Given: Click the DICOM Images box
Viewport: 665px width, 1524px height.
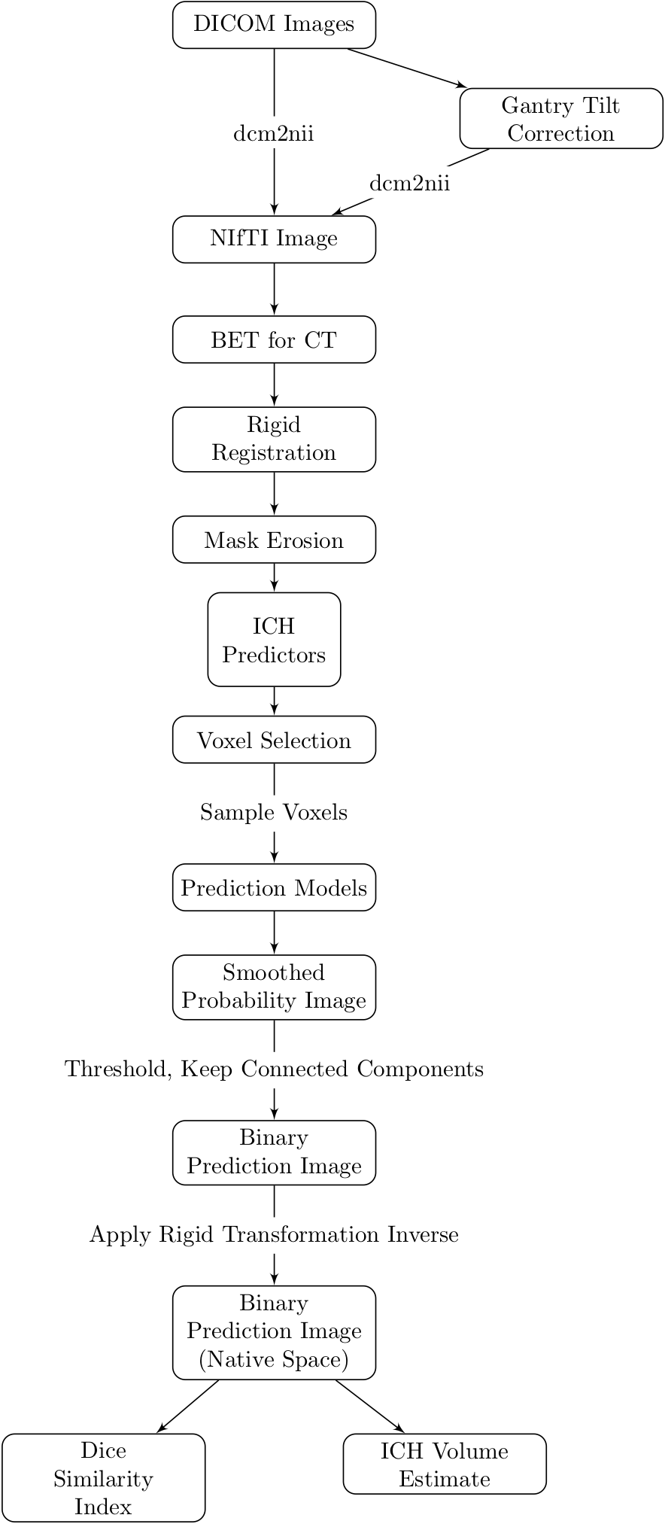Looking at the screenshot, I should pyautogui.click(x=274, y=25).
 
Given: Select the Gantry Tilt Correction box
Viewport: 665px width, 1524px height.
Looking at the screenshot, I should pyautogui.click(x=560, y=119).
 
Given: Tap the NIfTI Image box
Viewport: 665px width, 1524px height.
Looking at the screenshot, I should pyautogui.click(x=274, y=239).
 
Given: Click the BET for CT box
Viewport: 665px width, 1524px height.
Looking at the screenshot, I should pyautogui.click(x=274, y=340).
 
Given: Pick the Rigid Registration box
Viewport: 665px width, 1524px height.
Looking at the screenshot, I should pyautogui.click(x=274, y=440).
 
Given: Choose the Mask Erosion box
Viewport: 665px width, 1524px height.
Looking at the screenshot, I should pyautogui.click(x=274, y=540).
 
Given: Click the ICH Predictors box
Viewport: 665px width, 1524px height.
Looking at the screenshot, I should pyautogui.click(x=274, y=640).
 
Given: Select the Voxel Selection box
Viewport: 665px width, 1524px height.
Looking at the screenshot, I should pyautogui.click(x=274, y=741).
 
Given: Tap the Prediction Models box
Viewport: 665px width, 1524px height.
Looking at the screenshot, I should pyautogui.click(x=274, y=888).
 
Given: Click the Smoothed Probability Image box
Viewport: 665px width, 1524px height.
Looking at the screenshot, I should pyautogui.click(x=274, y=987).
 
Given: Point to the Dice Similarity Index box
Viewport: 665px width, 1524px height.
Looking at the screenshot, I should pyautogui.click(x=103, y=1478).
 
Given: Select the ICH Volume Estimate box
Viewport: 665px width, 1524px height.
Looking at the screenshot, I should pyautogui.click(x=445, y=1465).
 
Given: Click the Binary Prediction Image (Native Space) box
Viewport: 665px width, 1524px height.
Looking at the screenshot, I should pyautogui.click(x=274, y=1332).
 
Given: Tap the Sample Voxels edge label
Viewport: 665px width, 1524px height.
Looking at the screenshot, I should pyautogui.click(x=274, y=813).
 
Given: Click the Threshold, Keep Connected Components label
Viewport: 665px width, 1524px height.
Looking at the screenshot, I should pyautogui.click(x=274, y=1069).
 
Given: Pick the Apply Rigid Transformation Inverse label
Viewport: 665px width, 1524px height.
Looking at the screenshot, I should pyautogui.click(x=274, y=1234).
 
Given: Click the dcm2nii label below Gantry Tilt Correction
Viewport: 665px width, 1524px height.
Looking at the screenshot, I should pyautogui.click(x=409, y=184).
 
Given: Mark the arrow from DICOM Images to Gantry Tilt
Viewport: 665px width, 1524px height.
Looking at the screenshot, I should pyautogui.click(x=406, y=68).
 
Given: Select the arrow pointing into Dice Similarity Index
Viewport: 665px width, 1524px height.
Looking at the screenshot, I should pyautogui.click(x=188, y=1407).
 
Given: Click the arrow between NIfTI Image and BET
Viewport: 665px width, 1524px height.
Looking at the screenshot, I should pyautogui.click(x=274, y=289).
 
